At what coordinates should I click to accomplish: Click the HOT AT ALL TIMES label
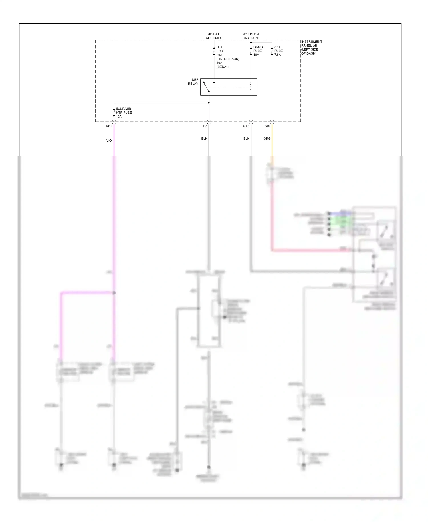point(214,36)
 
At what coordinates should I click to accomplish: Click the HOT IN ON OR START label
point(250,36)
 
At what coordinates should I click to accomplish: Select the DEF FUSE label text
point(220,49)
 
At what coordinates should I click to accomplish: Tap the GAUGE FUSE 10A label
point(259,51)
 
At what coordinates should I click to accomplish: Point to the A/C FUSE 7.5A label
point(278,51)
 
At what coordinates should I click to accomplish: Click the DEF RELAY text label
point(193,82)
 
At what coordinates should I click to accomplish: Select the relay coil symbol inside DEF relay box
point(251,87)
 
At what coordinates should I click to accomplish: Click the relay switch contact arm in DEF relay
point(206,87)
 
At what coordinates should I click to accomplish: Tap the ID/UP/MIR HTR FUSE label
point(124,113)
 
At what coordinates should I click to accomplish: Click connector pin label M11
point(109,126)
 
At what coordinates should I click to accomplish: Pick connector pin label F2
point(205,126)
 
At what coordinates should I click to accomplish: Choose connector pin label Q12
point(246,126)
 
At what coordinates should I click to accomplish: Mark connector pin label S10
point(267,126)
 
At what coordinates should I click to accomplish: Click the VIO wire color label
point(109,140)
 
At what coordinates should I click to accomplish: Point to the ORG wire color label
point(267,138)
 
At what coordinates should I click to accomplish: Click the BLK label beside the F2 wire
point(204,138)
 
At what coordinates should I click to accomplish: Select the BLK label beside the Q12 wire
point(246,138)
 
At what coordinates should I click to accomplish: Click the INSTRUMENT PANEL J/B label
point(311,47)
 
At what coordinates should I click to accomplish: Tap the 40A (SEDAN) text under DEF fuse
point(223,65)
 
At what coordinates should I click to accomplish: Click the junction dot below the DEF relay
point(209,103)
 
